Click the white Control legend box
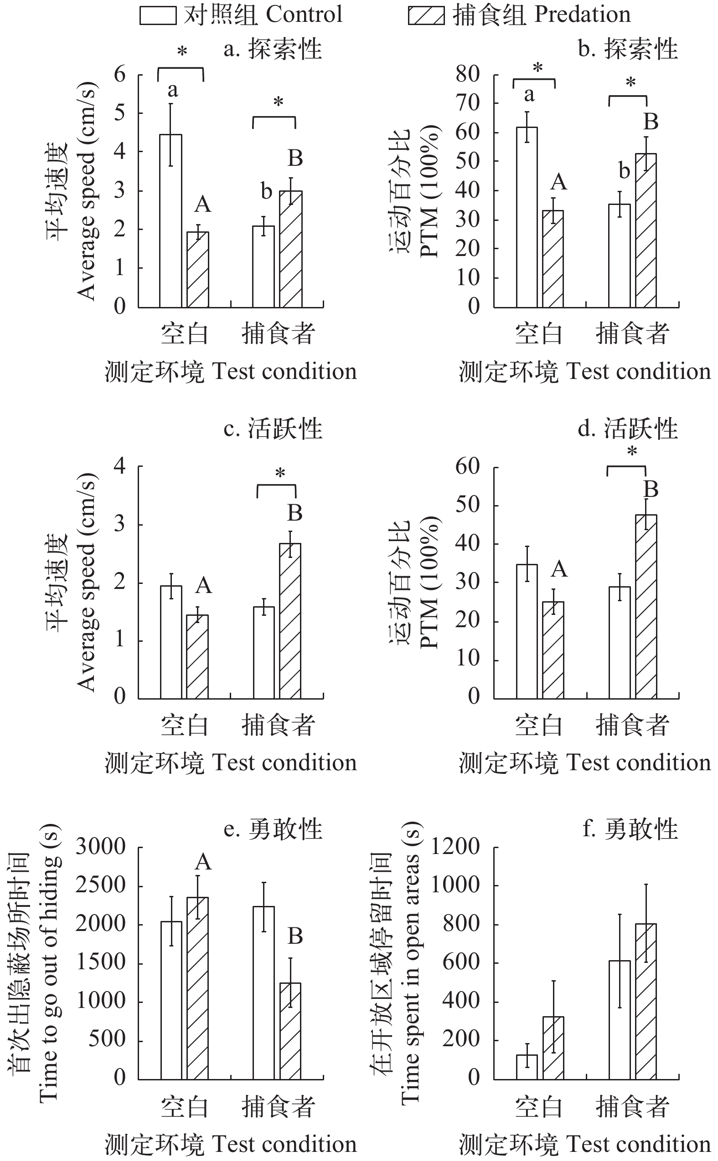point(158,15)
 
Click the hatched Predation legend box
point(426,15)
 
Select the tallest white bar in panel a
point(170,220)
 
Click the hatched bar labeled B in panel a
point(291,249)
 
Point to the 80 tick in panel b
point(467,74)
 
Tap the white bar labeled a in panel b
point(527,217)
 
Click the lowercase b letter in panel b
point(624,171)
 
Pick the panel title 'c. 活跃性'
point(273,429)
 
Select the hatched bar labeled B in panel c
point(290,621)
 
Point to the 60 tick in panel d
point(467,466)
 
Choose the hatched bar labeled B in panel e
point(290,1032)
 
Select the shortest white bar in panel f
point(527,1067)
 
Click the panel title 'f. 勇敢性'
point(630,829)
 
